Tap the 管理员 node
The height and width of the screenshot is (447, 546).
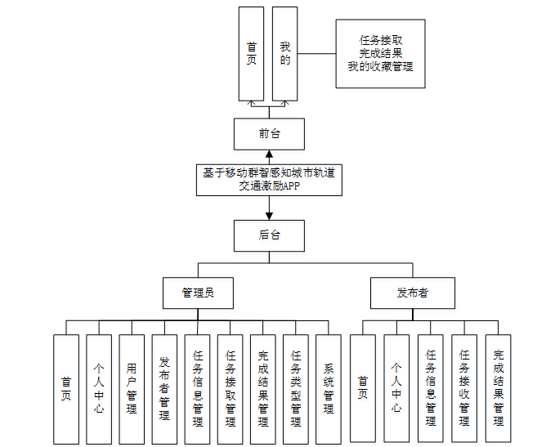pyautogui.click(x=199, y=293)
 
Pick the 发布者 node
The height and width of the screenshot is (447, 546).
pyautogui.click(x=412, y=293)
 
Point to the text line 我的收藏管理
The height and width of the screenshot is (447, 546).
pyautogui.click(x=381, y=67)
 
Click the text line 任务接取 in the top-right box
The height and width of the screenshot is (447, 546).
pyautogui.click(x=381, y=40)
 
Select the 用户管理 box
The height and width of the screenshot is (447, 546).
pyautogui.click(x=132, y=389)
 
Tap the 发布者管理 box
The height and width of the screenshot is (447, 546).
pyautogui.click(x=164, y=389)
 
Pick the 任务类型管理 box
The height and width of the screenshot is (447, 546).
pyautogui.click(x=296, y=389)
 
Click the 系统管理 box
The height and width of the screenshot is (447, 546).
pyautogui.click(x=329, y=389)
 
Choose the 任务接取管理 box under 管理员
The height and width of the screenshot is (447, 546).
pyautogui.click(x=230, y=389)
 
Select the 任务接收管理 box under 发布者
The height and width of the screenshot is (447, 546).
pyautogui.click(x=464, y=389)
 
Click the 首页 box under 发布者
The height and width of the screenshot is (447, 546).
pyautogui.click(x=363, y=389)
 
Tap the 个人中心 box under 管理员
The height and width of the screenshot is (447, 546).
pyautogui.click(x=99, y=389)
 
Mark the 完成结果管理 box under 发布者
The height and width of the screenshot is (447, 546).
pyautogui.click(x=498, y=389)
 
